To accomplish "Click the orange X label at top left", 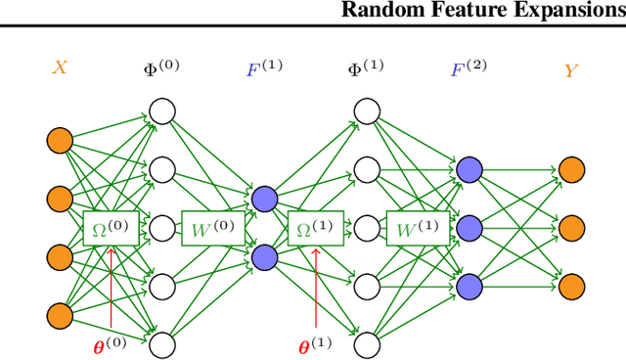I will (60, 70).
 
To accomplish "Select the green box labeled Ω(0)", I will (111, 228).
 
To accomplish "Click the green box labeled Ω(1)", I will (315, 228).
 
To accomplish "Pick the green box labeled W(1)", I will (416, 228).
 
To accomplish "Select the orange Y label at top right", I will (570, 70).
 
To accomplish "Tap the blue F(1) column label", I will (264, 68).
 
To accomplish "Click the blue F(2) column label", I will (469, 68).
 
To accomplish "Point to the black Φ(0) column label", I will (162, 68).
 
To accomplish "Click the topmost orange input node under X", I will (60, 141).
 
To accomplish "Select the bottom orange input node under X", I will (60, 314).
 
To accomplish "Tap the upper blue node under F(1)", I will (264, 200).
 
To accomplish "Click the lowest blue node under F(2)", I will (469, 285).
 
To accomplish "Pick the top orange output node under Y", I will (571, 170).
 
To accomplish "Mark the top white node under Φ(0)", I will (162, 112).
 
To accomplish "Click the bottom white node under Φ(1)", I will (367, 343).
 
